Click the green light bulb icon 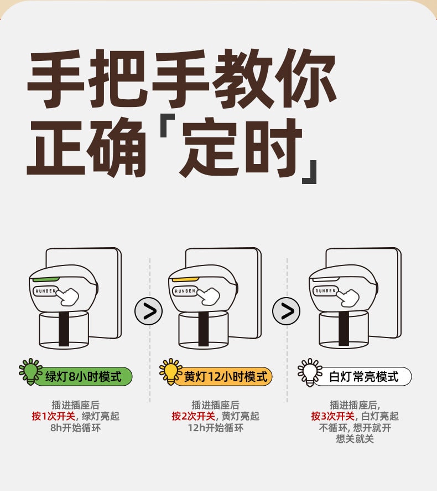pos(30,371)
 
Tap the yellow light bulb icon pos(171,371)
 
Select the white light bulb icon pos(310,371)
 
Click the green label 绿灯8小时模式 pos(83,377)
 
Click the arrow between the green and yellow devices pos(148,311)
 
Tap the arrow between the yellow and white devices pos(286,311)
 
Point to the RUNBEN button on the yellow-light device pos(184,291)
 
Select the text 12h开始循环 pos(216,428)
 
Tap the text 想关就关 pos(355,439)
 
